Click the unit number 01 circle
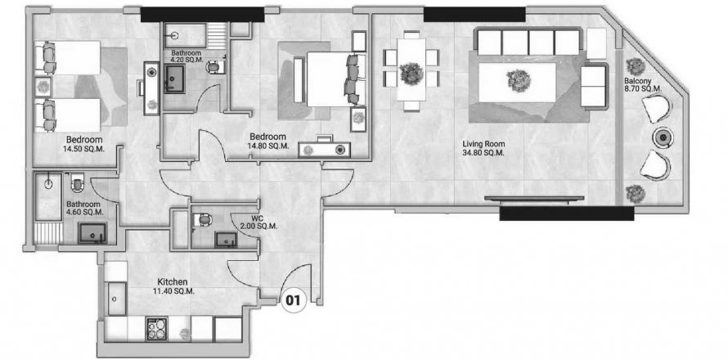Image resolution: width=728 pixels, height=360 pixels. click(293, 300)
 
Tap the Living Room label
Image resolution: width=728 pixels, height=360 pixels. click(483, 144)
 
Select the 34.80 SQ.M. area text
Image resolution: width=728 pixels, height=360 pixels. click(483, 153)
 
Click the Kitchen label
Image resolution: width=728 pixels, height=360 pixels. click(173, 282)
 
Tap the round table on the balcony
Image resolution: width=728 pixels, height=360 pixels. click(663, 137)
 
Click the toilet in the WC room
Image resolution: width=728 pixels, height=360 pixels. click(204, 218)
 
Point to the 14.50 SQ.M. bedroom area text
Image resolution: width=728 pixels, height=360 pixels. click(83, 149)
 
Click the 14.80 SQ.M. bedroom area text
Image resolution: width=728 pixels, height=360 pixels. click(269, 146)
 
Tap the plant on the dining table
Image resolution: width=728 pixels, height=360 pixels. click(411, 74)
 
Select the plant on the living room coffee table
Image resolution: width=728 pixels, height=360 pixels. click(519, 81)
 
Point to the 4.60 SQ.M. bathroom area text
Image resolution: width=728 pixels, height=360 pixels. click(83, 212)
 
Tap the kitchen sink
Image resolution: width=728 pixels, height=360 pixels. click(116, 298)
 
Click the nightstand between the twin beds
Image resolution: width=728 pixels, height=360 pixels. click(43, 87)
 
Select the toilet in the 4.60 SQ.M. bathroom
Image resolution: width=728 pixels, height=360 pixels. click(77, 182)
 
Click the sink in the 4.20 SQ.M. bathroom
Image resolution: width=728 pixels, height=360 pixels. click(174, 79)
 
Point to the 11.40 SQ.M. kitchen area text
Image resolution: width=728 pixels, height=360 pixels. click(173, 291)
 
